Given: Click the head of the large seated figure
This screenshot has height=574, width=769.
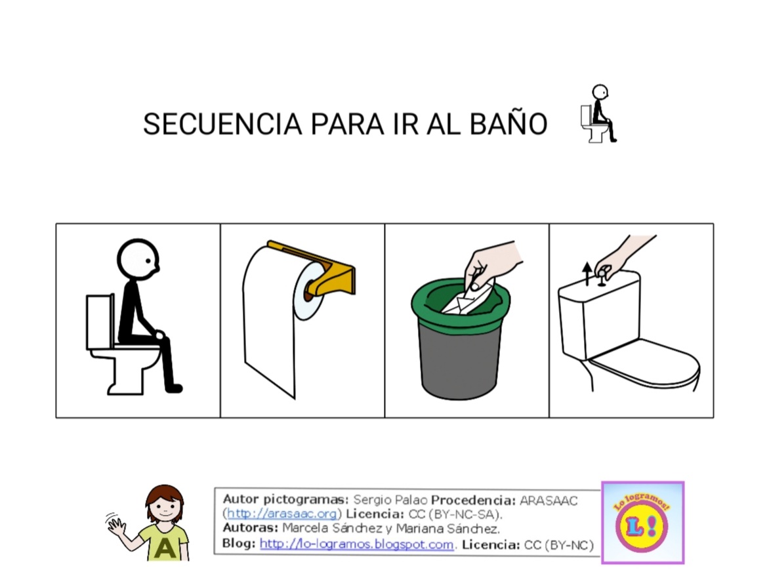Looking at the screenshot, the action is tap(138, 259).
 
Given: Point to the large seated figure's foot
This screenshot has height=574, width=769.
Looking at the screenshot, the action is tap(174, 388).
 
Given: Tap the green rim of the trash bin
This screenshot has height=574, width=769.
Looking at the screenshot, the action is tap(461, 304).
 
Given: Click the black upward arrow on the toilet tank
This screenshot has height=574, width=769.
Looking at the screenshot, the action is tap(587, 274).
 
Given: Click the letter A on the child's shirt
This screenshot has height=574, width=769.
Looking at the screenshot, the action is tap(165, 548).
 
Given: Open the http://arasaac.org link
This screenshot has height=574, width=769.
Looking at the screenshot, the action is tap(282, 514).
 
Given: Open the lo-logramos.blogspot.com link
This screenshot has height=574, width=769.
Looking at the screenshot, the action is tap(356, 544).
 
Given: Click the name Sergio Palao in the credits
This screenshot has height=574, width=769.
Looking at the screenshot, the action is tap(390, 500).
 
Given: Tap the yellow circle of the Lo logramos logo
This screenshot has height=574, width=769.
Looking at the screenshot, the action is tap(642, 525).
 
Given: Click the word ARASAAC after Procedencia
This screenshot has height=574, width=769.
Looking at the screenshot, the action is tap(549, 501).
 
